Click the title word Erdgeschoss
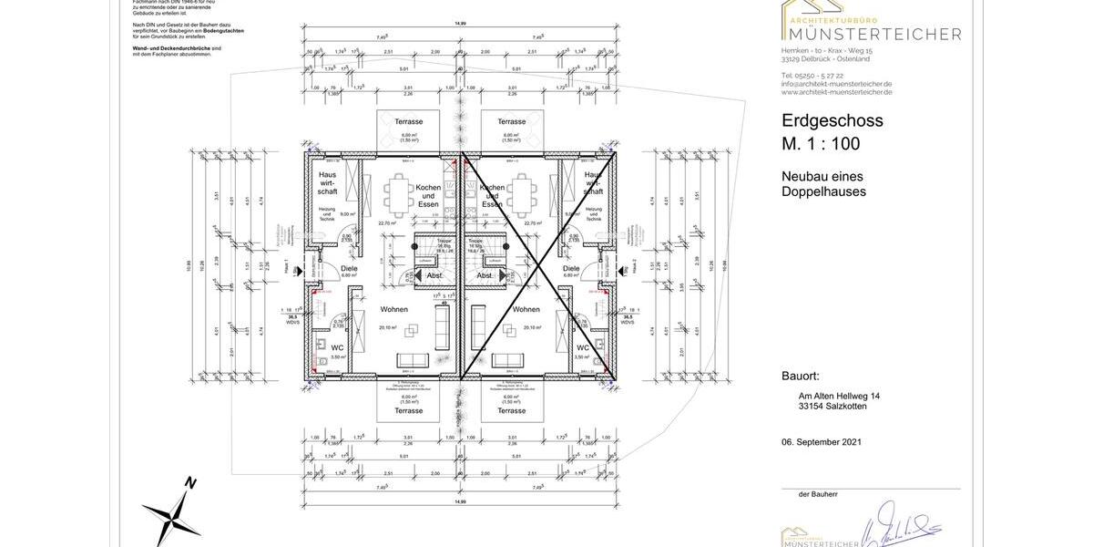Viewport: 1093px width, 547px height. [x=832, y=120]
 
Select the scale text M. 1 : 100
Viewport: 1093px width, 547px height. [x=820, y=144]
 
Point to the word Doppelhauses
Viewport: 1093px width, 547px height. [x=823, y=191]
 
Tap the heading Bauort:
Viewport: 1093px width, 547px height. [x=801, y=376]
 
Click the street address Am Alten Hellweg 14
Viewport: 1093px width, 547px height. [x=839, y=396]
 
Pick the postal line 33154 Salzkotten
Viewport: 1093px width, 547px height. [x=833, y=406]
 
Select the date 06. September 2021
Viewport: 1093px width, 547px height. [x=821, y=441]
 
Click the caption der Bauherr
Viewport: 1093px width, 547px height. [x=818, y=493]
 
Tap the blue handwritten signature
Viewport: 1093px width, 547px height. [x=902, y=526]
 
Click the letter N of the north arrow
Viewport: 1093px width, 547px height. [x=189, y=483]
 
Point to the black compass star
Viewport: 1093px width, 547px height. [x=172, y=518]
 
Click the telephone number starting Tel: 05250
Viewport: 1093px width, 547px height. [x=812, y=75]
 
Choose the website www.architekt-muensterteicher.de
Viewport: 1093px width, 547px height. [x=836, y=91]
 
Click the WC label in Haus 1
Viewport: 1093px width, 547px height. [x=337, y=347]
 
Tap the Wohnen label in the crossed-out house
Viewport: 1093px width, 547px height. [x=526, y=309]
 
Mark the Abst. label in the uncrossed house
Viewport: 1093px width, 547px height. [x=434, y=275]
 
